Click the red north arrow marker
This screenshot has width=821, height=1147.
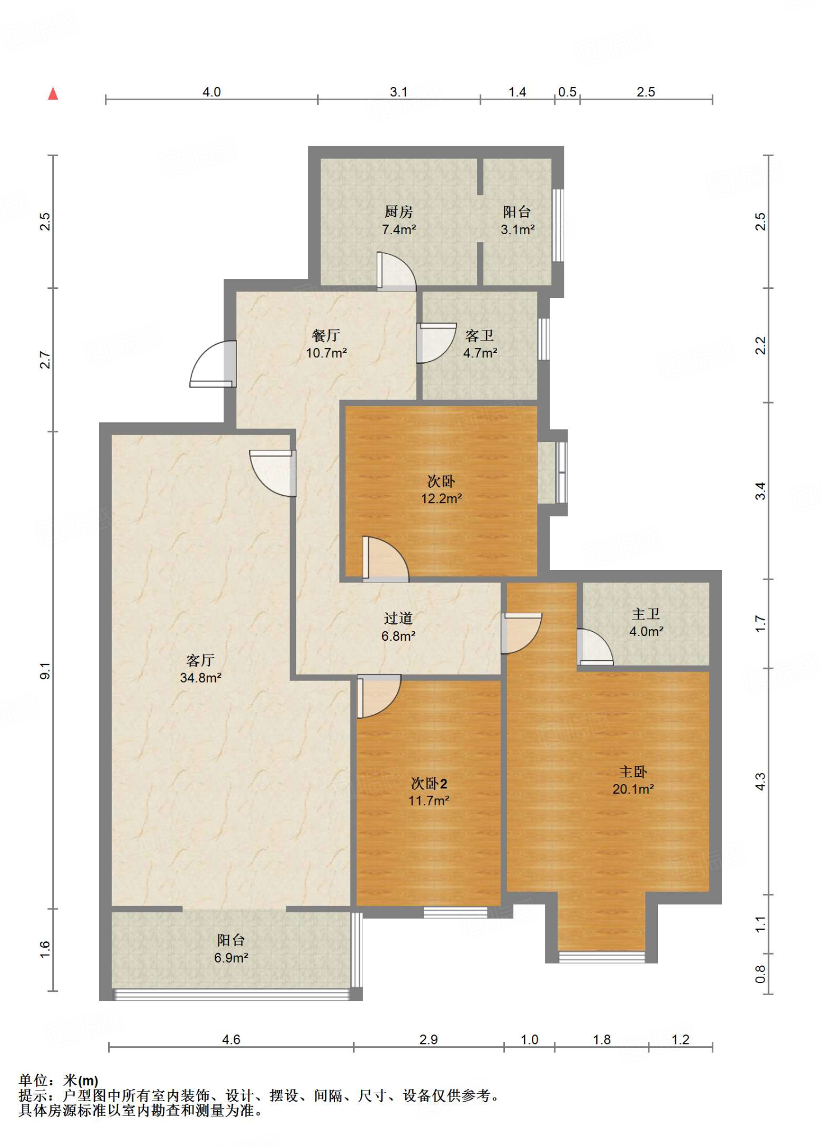(53, 94)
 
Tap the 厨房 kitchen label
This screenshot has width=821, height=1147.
(398, 211)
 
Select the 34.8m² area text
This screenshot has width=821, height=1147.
(201, 678)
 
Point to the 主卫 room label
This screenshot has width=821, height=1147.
(646, 614)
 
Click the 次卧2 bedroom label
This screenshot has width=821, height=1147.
(429, 783)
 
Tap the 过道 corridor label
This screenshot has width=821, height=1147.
(398, 618)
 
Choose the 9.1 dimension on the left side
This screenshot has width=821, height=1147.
(45, 670)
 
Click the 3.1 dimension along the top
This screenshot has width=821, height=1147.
(398, 92)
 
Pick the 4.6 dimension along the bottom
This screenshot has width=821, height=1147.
(231, 1039)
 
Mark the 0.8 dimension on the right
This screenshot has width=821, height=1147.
(760, 974)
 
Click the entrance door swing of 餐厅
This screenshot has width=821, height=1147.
(212, 364)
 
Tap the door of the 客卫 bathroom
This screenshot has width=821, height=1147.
(437, 343)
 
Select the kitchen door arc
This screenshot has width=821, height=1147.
(396, 272)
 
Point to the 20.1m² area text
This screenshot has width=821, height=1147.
(633, 789)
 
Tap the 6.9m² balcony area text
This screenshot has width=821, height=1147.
(231, 958)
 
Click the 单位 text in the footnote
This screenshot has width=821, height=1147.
(34, 1080)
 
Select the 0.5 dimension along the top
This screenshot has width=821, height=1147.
(568, 92)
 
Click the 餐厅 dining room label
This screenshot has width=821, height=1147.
(326, 335)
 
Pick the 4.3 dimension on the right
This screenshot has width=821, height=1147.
(760, 781)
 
